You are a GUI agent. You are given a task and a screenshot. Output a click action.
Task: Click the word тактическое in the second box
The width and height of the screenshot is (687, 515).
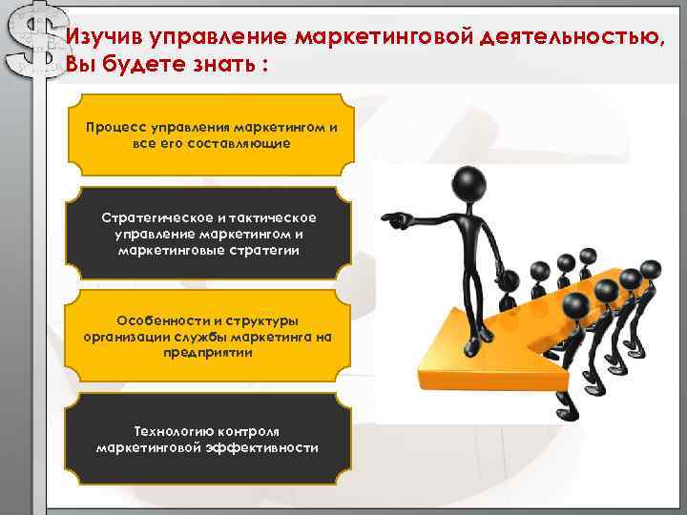click(x=270, y=218)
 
